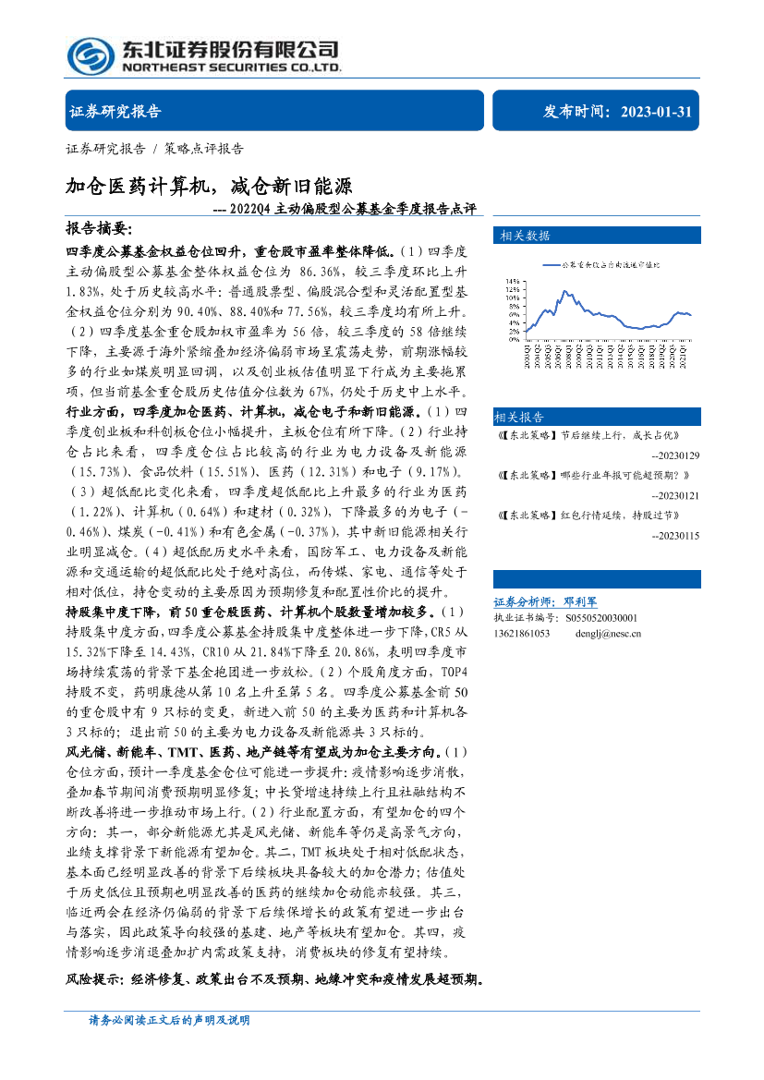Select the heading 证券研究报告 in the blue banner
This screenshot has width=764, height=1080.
tap(115, 112)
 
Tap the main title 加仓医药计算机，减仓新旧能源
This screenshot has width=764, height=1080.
tap(209, 186)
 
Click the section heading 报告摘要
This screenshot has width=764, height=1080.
tap(99, 228)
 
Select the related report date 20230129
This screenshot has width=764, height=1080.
tap(675, 456)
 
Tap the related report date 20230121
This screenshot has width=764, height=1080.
tap(675, 496)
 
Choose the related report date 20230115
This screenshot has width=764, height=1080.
tap(675, 536)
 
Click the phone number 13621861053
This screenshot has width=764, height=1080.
tap(522, 634)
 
